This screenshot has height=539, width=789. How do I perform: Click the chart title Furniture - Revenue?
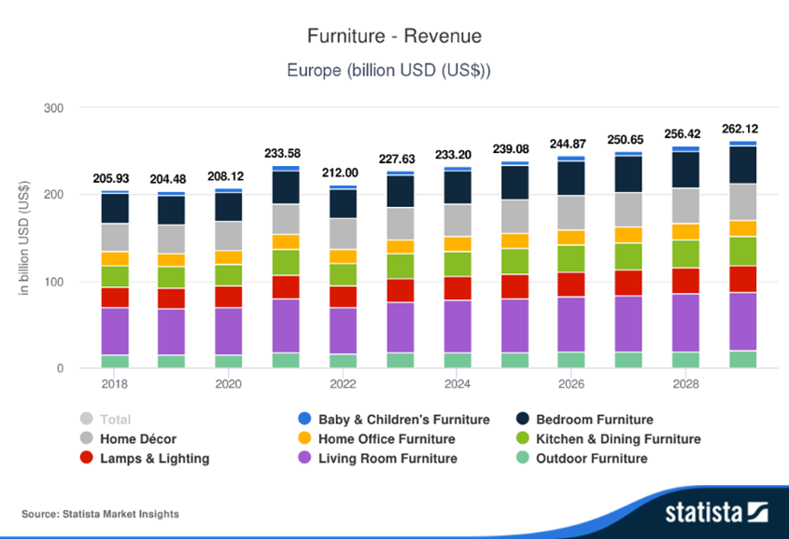[394, 36]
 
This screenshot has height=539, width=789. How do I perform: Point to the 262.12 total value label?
[741, 130]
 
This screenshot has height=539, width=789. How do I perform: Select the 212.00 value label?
[343, 173]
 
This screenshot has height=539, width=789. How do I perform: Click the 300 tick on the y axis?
[53, 108]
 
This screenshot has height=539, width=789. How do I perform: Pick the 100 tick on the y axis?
[53, 282]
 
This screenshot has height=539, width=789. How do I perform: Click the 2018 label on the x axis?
[115, 384]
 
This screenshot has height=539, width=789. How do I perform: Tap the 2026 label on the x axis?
[571, 384]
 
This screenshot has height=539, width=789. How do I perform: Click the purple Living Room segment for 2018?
[115, 331]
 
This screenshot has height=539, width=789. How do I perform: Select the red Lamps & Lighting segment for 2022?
[343, 297]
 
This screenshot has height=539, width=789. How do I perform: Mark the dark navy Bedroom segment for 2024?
[457, 187]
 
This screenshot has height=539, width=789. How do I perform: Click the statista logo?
[715, 512]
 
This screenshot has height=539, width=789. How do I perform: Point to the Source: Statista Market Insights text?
[100, 514]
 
